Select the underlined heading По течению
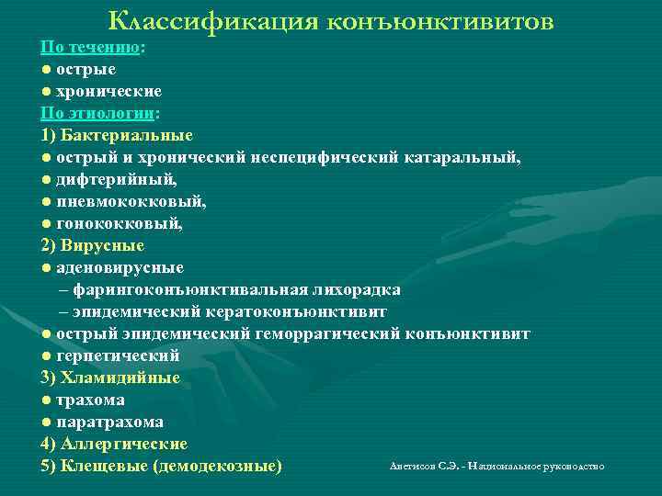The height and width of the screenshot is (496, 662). click(x=91, y=46)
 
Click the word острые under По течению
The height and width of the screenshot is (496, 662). click(x=86, y=69)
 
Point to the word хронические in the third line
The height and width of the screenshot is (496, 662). click(x=109, y=91)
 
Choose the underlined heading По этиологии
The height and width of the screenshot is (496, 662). click(x=97, y=113)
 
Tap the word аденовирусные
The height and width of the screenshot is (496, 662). click(x=120, y=267)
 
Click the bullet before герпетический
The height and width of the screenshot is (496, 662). click(x=45, y=355)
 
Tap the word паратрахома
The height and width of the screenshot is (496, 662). click(x=109, y=423)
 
